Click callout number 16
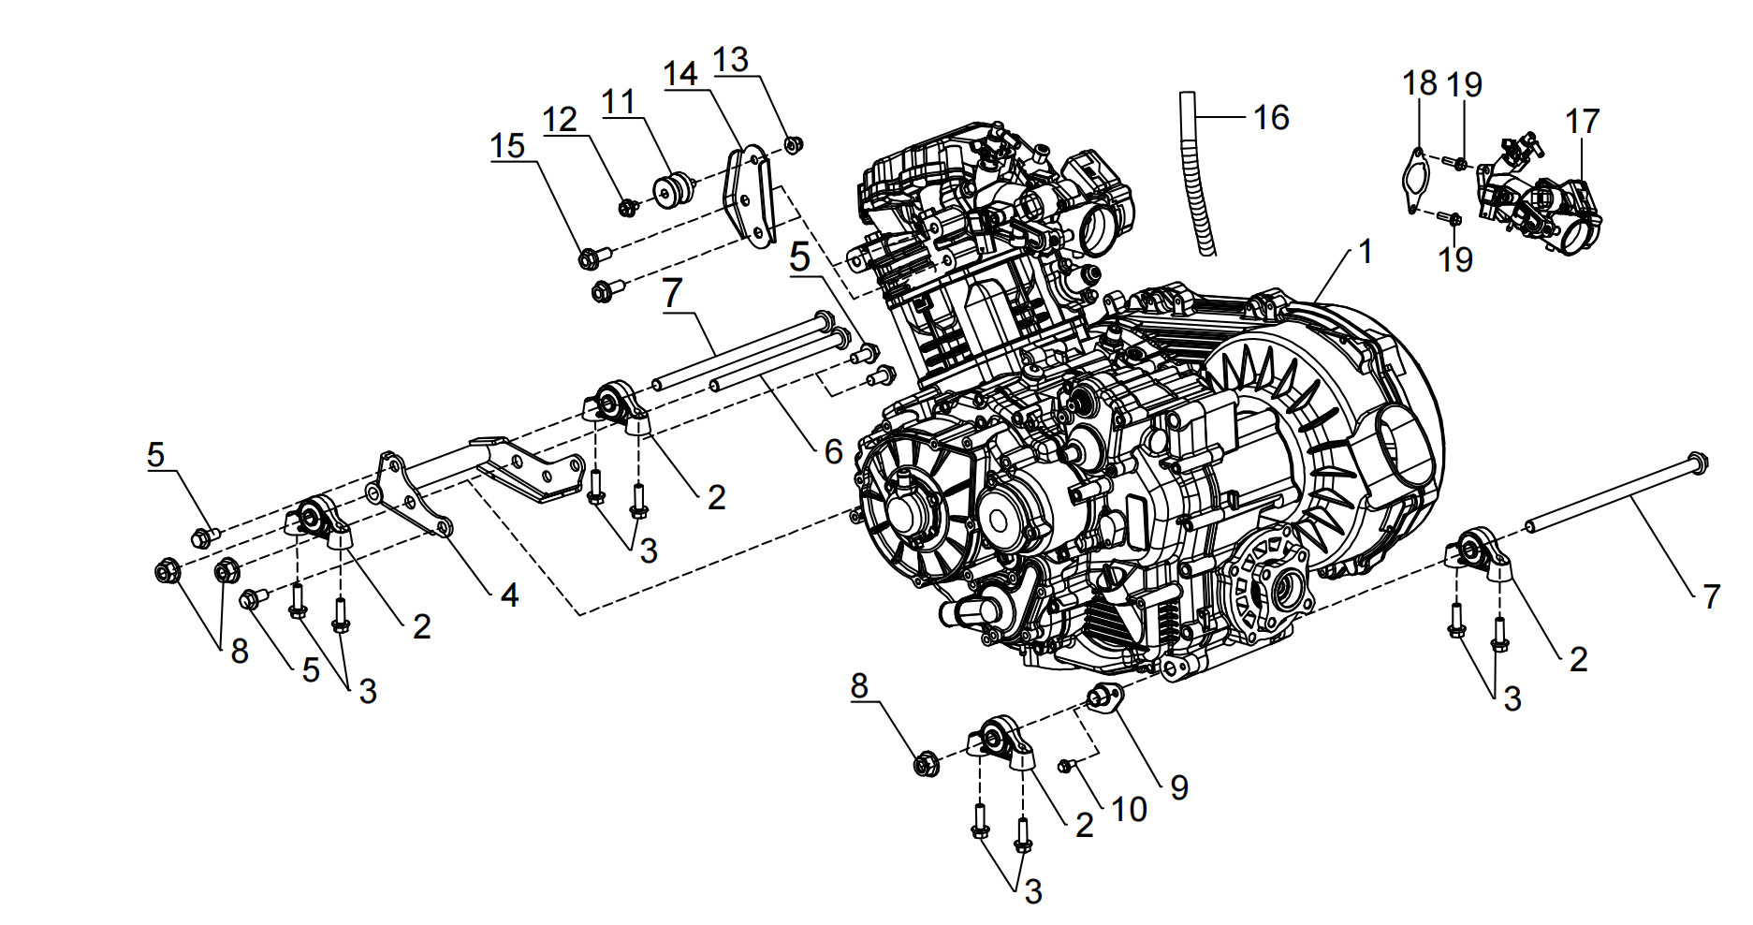tap(1271, 118)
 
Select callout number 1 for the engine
tap(1366, 251)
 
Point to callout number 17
tap(1583, 122)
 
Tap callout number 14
tap(681, 74)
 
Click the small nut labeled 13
tap(793, 145)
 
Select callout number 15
tap(508, 146)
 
